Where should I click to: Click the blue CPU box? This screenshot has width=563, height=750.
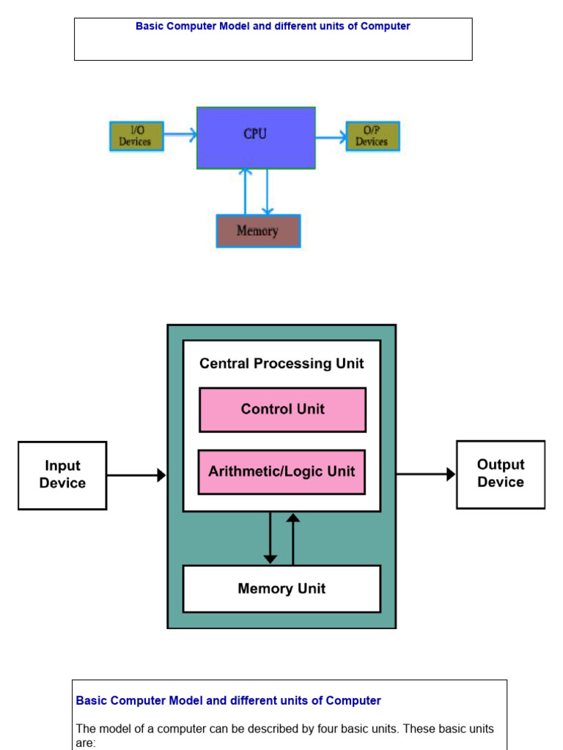pos(256,138)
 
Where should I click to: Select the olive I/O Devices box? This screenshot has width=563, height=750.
pos(136,136)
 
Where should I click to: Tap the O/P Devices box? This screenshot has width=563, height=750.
pos(372,136)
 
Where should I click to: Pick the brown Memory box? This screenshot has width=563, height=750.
pos(258,231)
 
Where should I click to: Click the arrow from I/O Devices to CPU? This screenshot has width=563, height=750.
pos(180,135)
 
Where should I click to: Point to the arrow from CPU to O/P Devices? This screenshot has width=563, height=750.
pos(331,136)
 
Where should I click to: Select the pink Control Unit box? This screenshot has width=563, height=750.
pos(282,409)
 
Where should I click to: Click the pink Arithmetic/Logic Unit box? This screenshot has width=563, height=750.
pos(281,472)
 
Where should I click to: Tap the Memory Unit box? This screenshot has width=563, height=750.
pos(281,588)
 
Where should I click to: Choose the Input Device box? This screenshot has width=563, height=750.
pos(62,475)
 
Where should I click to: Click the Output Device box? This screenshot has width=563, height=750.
pos(501,474)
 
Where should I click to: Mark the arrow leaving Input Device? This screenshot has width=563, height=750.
pos(136,475)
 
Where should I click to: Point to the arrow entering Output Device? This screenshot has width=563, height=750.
pos(426,475)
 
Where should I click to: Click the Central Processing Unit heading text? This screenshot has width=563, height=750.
pos(281,364)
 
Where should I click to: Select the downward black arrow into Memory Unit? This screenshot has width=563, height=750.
pos(271,538)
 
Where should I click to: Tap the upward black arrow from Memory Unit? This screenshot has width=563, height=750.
pos(293,538)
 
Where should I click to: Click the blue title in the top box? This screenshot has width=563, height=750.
pos(273,26)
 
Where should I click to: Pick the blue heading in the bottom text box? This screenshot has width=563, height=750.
pos(229,701)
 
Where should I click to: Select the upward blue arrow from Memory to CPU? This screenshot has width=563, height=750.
pos(246,192)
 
